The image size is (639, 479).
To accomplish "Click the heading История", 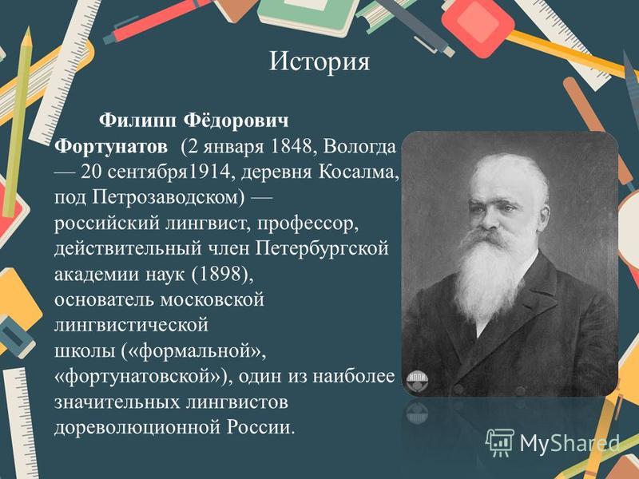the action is click(x=319, y=62).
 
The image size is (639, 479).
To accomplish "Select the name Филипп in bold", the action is click(x=138, y=121).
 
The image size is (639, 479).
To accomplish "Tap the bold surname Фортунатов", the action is click(x=111, y=146).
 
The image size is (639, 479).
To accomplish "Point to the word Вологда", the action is click(x=359, y=147).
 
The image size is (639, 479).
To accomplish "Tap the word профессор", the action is click(x=308, y=224).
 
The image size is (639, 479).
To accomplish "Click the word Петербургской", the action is click(x=322, y=249).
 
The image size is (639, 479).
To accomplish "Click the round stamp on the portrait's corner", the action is click(x=417, y=382).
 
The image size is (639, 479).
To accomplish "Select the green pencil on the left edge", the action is click(x=18, y=121).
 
